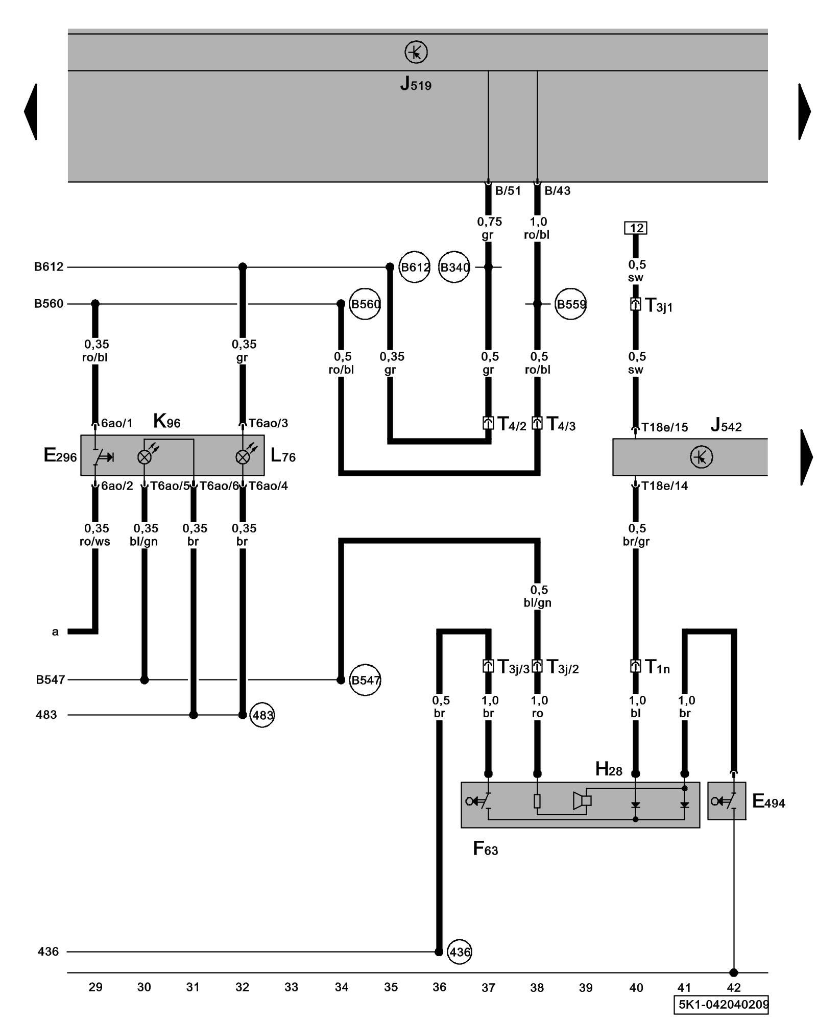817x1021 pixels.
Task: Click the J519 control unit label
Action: click(415, 84)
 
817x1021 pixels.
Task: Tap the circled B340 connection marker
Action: click(454, 267)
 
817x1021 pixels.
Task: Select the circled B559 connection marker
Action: click(570, 304)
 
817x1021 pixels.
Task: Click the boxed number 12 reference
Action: click(635, 228)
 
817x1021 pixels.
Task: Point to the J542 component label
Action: click(726, 425)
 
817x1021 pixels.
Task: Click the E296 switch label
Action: click(60, 455)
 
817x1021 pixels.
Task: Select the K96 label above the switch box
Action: click(166, 422)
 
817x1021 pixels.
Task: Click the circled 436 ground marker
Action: click(459, 952)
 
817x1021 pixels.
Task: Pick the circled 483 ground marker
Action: click(262, 715)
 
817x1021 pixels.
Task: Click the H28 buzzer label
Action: click(609, 769)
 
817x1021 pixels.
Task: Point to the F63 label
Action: click(485, 848)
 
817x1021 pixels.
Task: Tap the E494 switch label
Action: click(768, 801)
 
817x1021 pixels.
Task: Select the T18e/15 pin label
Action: click(664, 427)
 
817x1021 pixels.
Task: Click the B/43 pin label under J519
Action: click(557, 191)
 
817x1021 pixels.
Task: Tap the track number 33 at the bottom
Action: click(291, 987)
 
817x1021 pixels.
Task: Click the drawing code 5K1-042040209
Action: click(723, 1005)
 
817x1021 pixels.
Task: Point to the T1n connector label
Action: click(657, 667)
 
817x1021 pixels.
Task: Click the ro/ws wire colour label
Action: click(95, 541)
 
